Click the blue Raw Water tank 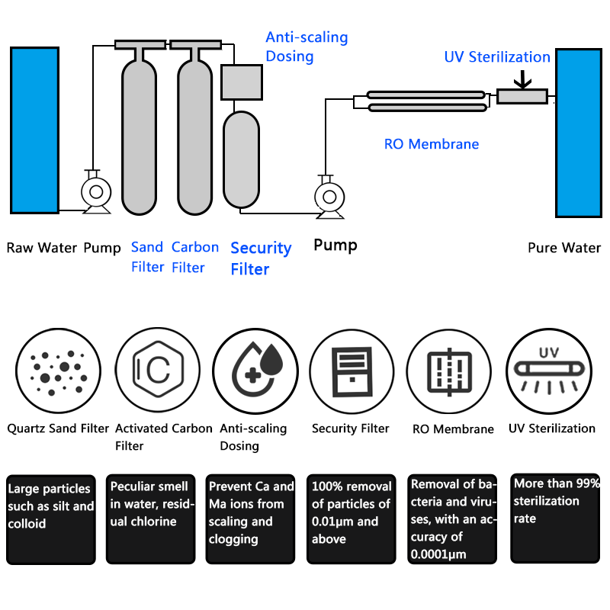[x=34, y=130]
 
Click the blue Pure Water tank [x=579, y=133]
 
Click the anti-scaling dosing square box [x=242, y=82]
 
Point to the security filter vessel [x=242, y=159]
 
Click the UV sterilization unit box [x=522, y=96]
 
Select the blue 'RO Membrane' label [x=432, y=144]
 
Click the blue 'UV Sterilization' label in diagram [x=497, y=57]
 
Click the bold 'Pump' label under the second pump [x=335, y=245]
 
